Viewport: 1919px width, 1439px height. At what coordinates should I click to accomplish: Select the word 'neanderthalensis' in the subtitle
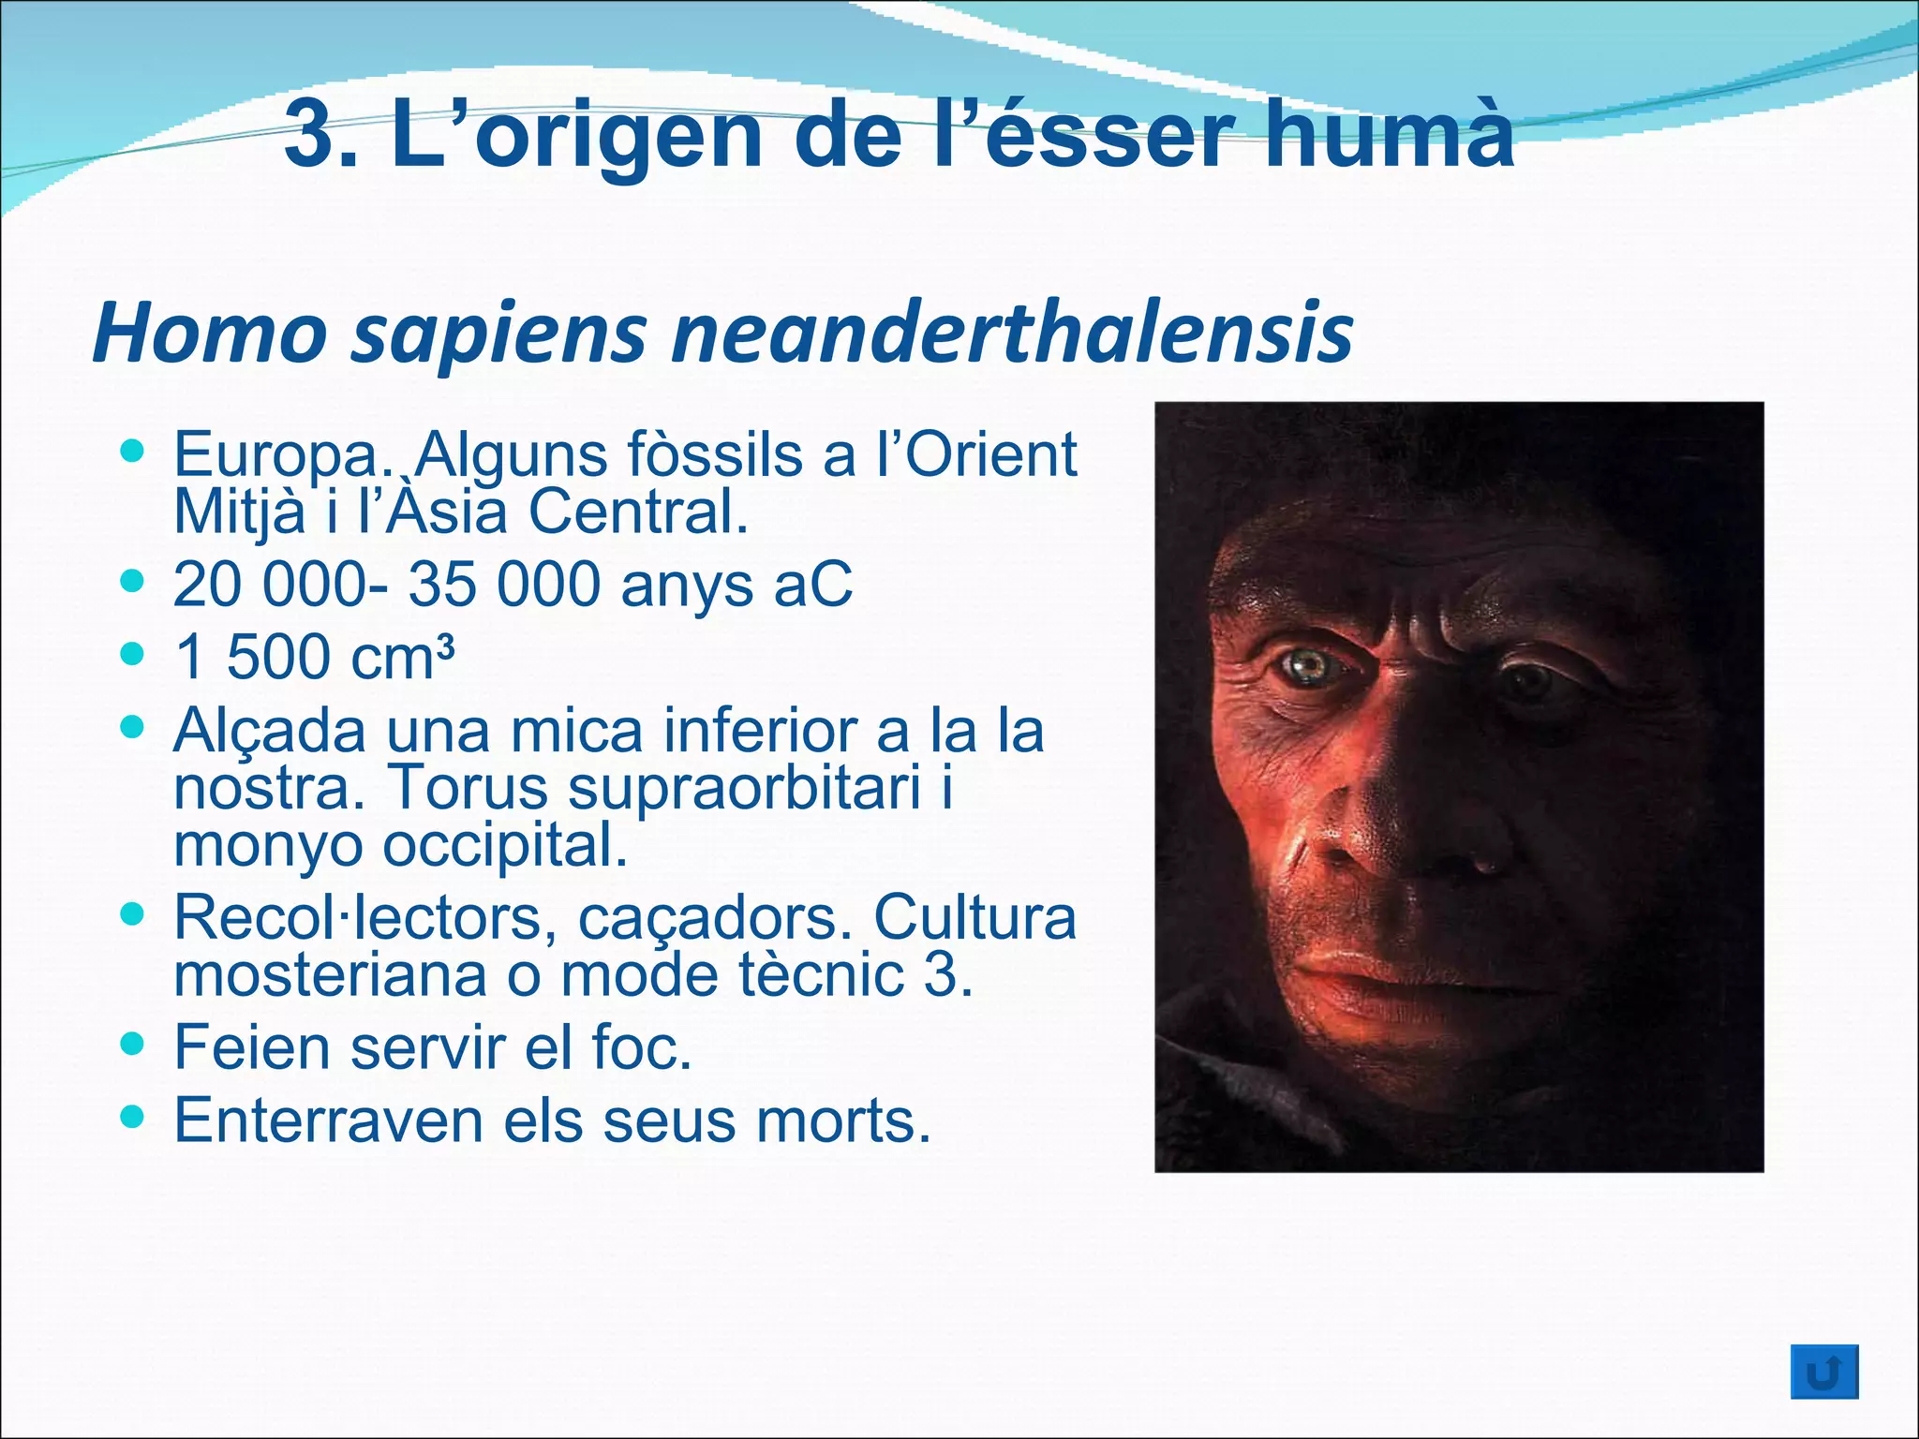point(1013,334)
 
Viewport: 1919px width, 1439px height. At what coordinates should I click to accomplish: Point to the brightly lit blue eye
point(1308,666)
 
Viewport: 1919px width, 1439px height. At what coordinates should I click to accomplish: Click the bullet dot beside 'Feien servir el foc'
point(134,1042)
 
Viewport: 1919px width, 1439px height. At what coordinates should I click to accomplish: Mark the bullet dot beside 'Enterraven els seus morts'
point(134,1115)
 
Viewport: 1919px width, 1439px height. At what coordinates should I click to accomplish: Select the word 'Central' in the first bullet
point(638,512)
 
